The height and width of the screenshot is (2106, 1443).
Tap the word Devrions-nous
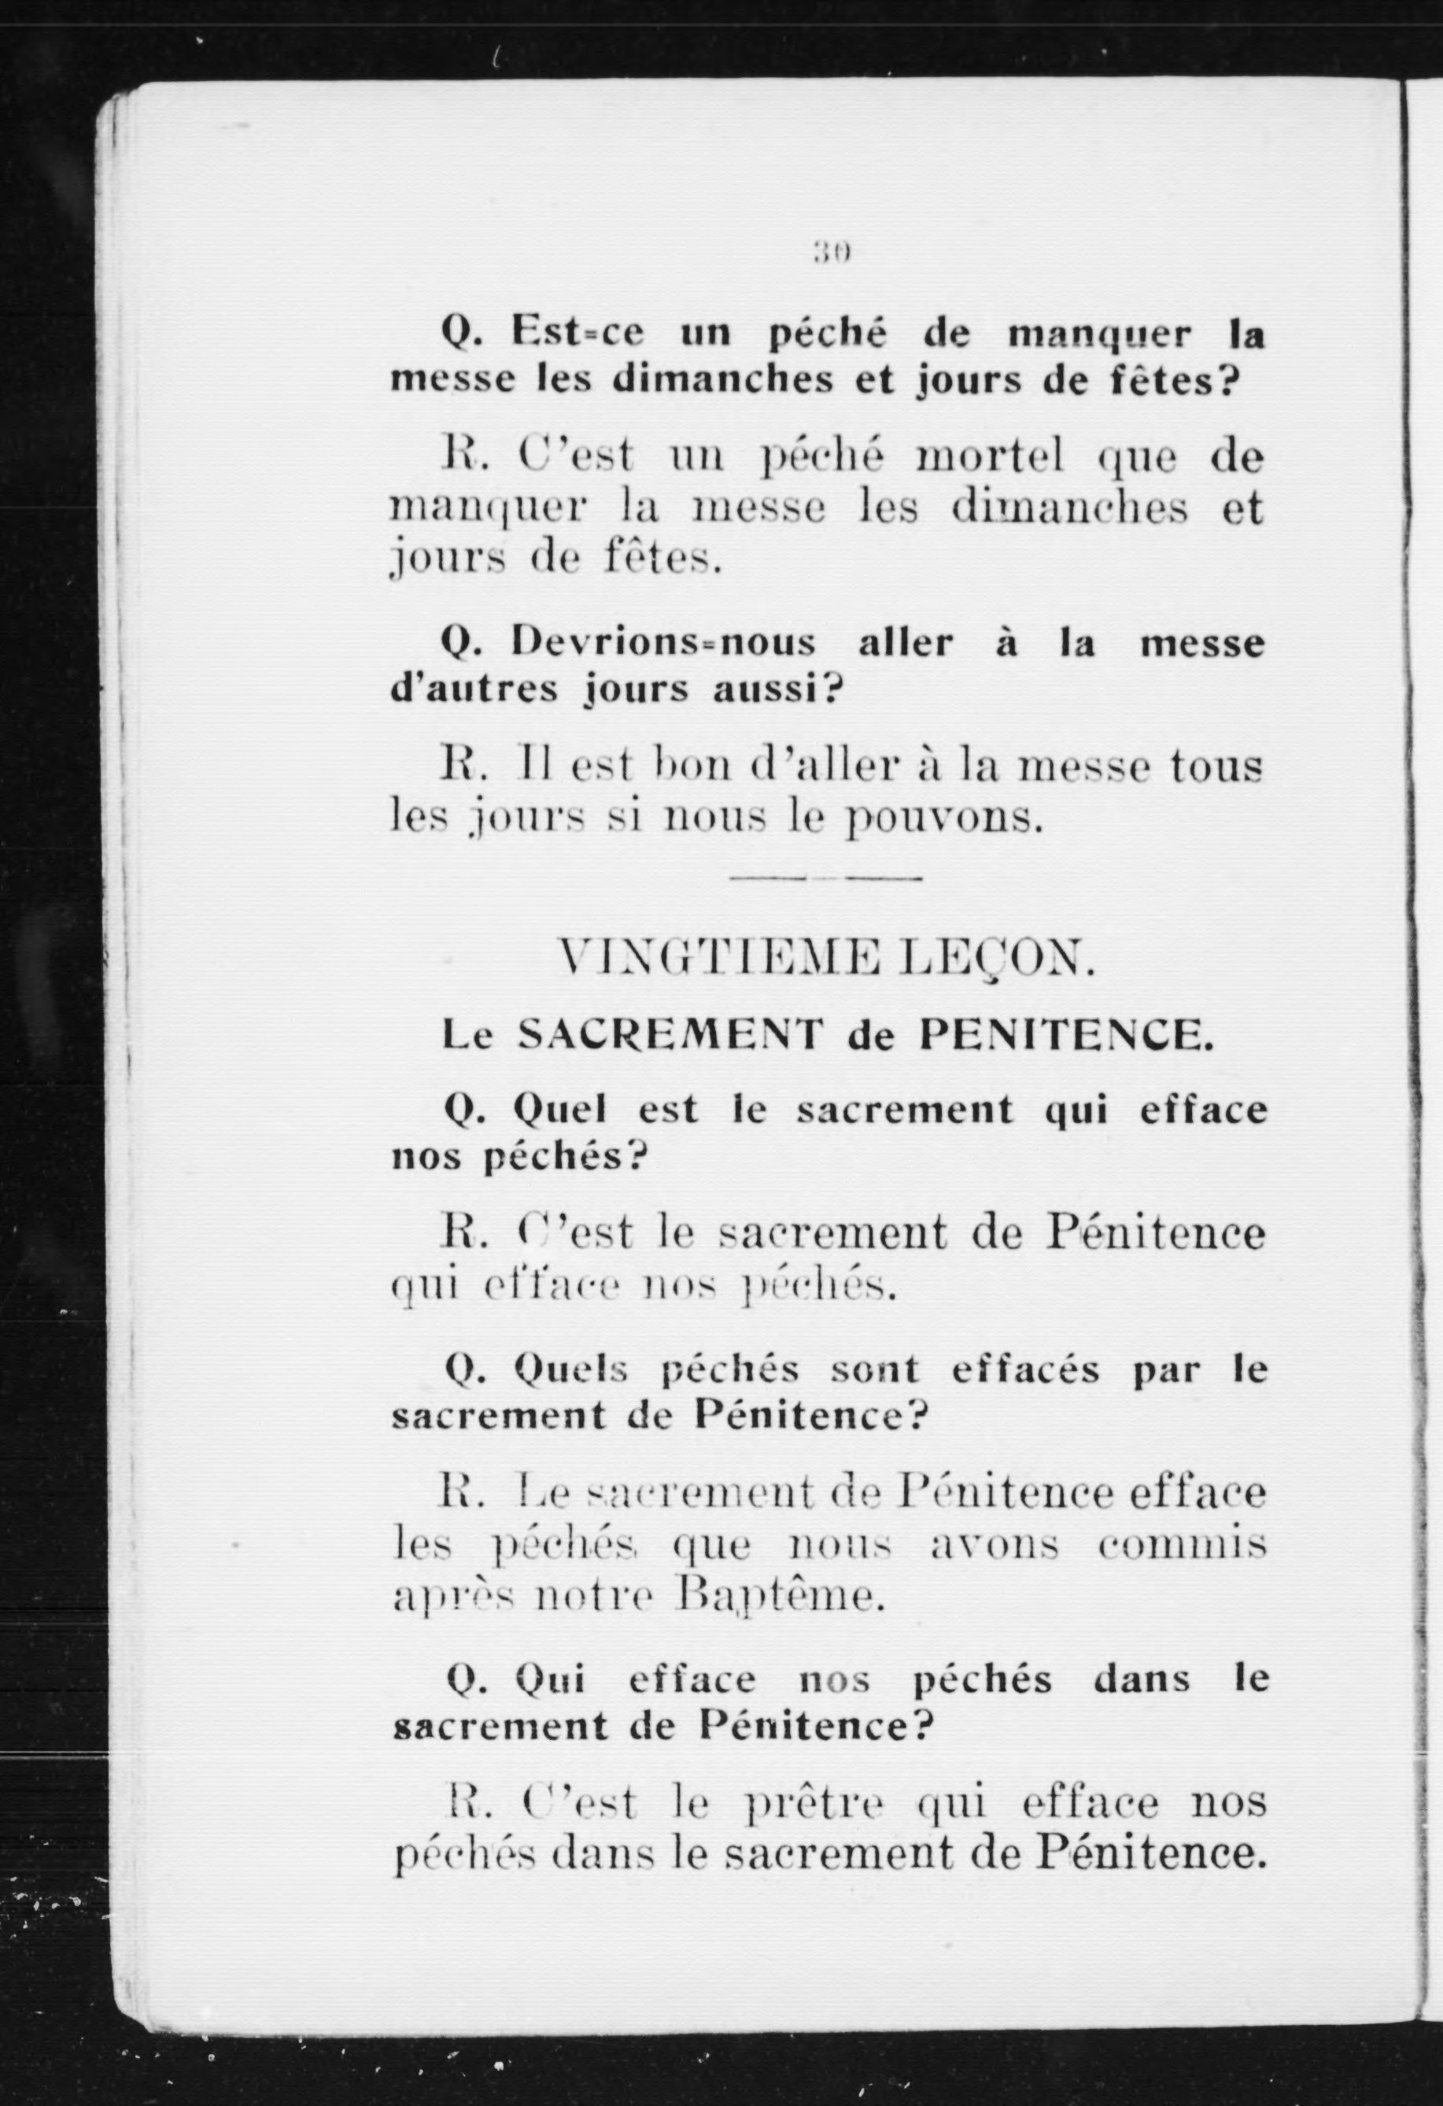click(663, 645)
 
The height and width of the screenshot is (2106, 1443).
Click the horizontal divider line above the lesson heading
click(825, 878)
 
